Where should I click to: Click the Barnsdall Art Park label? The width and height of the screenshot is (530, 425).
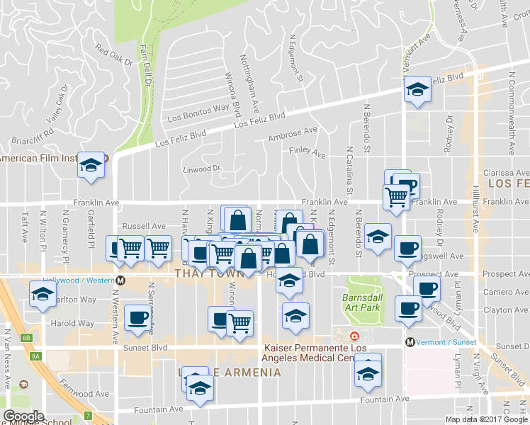(x=361, y=302)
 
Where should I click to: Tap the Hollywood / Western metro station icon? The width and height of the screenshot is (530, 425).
(x=121, y=280)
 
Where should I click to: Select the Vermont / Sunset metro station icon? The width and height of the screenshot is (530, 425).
(x=410, y=342)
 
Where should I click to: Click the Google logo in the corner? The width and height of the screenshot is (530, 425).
(x=23, y=416)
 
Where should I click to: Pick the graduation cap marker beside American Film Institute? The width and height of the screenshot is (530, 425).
(x=91, y=166)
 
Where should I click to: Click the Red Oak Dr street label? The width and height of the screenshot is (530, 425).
(x=114, y=56)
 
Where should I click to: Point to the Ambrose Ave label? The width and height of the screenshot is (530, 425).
(x=293, y=135)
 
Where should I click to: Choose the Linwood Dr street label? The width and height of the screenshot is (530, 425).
(x=203, y=169)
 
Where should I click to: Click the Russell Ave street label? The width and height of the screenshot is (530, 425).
(x=143, y=227)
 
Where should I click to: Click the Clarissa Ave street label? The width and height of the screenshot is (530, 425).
(x=505, y=173)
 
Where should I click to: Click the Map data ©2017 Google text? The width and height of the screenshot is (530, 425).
(x=486, y=419)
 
